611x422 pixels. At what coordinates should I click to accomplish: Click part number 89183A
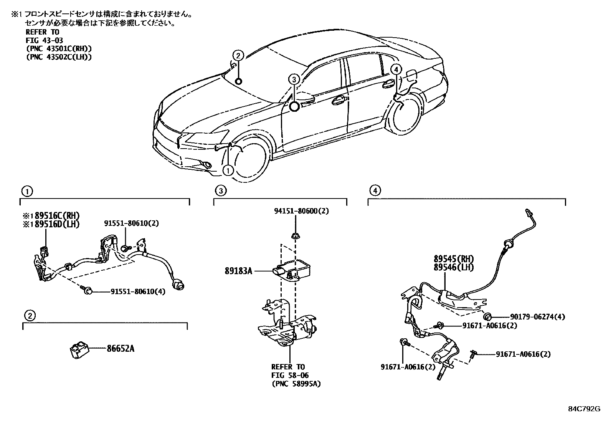point(238,271)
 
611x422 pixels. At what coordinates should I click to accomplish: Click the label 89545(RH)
point(454,259)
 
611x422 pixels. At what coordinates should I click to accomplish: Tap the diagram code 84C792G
point(584,409)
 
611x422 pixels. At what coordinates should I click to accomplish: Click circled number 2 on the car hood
point(238,56)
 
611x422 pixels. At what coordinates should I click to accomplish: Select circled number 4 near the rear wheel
point(396,69)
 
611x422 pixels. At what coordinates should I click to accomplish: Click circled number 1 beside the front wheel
point(228,170)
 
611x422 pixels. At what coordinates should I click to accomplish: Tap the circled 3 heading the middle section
point(220,190)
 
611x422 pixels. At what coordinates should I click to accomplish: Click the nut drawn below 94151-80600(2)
point(296,235)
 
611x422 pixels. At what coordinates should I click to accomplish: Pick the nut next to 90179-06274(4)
point(488,316)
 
